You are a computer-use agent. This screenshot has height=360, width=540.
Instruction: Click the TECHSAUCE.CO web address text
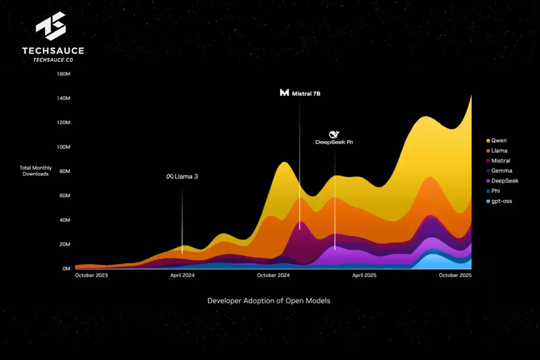point(53,59)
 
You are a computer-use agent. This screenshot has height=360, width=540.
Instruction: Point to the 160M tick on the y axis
point(63,74)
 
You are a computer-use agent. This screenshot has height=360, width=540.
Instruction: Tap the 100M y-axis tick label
point(63,147)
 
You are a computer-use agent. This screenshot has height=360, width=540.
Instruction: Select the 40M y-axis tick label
point(64,220)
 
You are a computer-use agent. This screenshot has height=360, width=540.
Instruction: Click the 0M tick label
point(66,269)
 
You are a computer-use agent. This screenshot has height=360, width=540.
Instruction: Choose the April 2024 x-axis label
point(182,275)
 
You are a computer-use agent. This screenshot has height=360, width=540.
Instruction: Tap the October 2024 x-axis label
point(273,275)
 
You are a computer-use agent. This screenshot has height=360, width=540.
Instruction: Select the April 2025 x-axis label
point(364,275)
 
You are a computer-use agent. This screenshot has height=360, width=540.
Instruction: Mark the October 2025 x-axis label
point(454,275)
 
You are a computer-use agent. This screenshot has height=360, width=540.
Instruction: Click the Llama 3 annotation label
point(182,177)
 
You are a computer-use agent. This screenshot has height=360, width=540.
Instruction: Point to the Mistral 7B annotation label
point(300,94)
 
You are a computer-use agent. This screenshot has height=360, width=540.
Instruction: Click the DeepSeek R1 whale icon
point(334,134)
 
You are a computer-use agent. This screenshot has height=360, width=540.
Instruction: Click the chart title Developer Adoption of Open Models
point(269,301)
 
